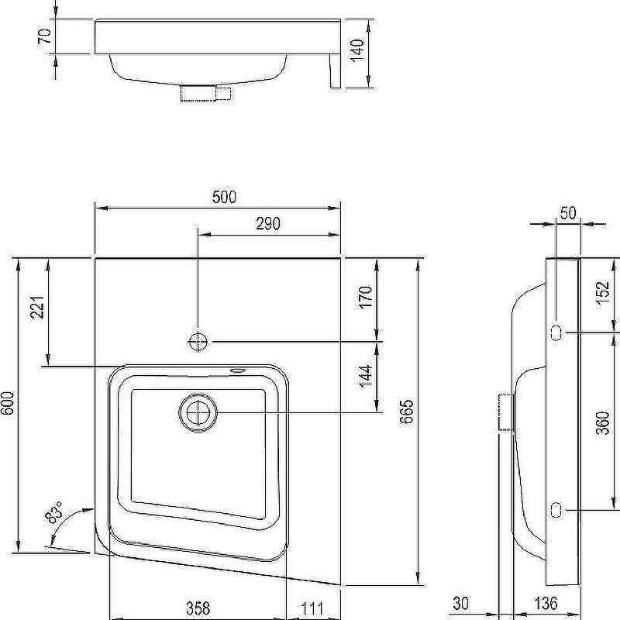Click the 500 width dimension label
click(x=224, y=197)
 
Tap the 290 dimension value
click(x=268, y=224)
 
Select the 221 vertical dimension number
click(x=38, y=307)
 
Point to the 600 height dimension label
click(x=8, y=403)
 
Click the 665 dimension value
click(x=406, y=412)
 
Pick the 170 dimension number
click(x=366, y=298)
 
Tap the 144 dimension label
click(x=366, y=377)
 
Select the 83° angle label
click(x=54, y=512)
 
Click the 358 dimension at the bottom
click(x=198, y=608)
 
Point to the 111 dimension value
click(x=312, y=608)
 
